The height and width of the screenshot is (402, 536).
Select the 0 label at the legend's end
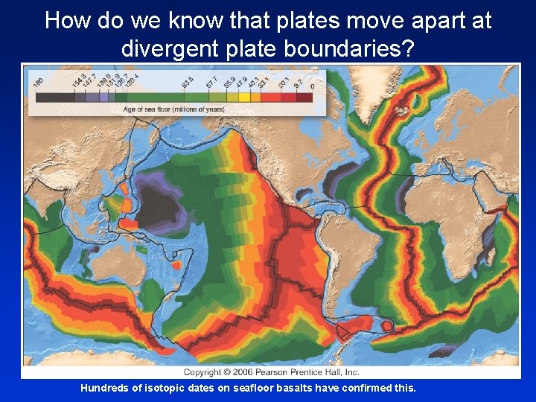pyautogui.click(x=312, y=86)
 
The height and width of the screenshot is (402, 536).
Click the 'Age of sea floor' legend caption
pyautogui.click(x=173, y=109)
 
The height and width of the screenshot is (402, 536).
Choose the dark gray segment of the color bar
pyautogui.click(x=49, y=96)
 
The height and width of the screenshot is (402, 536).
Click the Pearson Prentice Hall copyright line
pyautogui.click(x=272, y=371)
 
